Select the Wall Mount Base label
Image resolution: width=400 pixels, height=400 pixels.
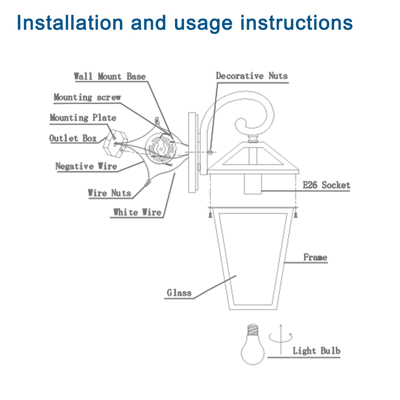(110, 76)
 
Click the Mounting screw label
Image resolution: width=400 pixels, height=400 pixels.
(87, 97)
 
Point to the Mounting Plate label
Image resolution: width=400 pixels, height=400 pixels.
(83, 117)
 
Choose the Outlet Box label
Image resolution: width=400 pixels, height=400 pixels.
(73, 138)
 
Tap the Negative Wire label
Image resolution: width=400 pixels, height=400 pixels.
(86, 166)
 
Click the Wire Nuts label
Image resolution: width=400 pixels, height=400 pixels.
(109, 193)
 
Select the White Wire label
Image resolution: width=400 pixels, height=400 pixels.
(137, 212)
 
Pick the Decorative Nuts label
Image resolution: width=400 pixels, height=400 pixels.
(252, 76)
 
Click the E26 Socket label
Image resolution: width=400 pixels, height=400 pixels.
(326, 185)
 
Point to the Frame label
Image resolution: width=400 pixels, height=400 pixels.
(315, 257)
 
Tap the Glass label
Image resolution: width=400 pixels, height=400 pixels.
(179, 293)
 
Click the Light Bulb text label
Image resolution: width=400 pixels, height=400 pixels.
(316, 351)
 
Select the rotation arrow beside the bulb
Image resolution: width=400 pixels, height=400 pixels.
(281, 337)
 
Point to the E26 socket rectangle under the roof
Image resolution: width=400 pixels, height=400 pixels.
(253, 184)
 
